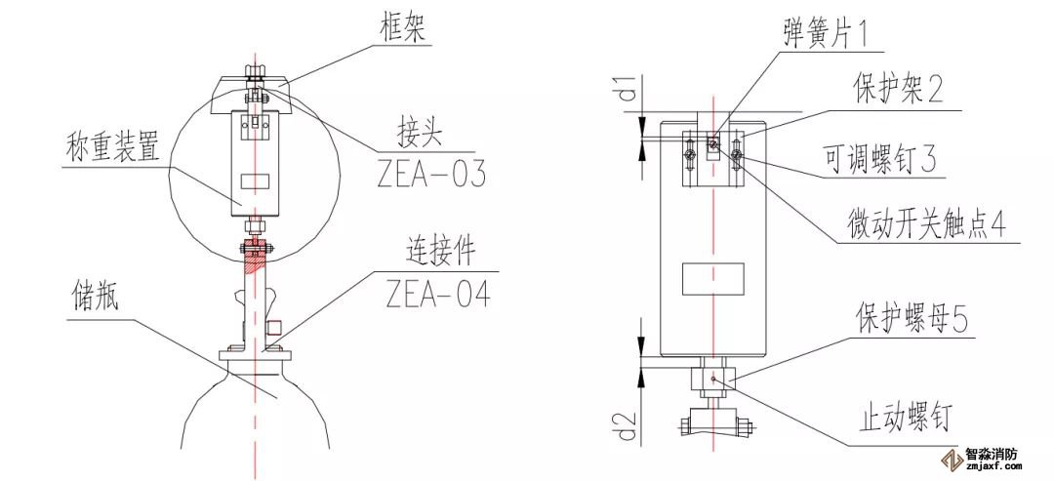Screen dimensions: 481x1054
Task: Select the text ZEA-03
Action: (x=430, y=173)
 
